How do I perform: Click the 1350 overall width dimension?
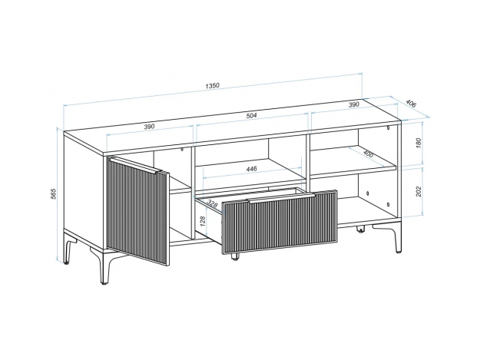tap(212, 85)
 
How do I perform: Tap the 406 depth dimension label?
tap(411, 104)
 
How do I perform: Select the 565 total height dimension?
tap(53, 194)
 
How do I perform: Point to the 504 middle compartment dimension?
tap(251, 116)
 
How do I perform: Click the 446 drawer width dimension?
tap(251, 169)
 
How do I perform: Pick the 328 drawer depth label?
tap(212, 203)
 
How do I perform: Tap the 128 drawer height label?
tap(202, 221)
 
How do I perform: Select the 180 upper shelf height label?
tap(419, 143)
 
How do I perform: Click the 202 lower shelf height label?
tap(419, 191)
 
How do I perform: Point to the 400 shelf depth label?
tap(368, 154)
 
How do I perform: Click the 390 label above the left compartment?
tap(150, 127)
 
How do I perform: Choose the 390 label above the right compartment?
tap(353, 104)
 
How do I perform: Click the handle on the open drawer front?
tap(280, 197)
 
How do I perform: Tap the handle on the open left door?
tap(135, 165)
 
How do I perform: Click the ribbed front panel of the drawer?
tap(280, 221)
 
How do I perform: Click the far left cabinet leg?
tap(69, 247)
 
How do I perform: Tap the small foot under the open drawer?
tap(234, 256)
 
